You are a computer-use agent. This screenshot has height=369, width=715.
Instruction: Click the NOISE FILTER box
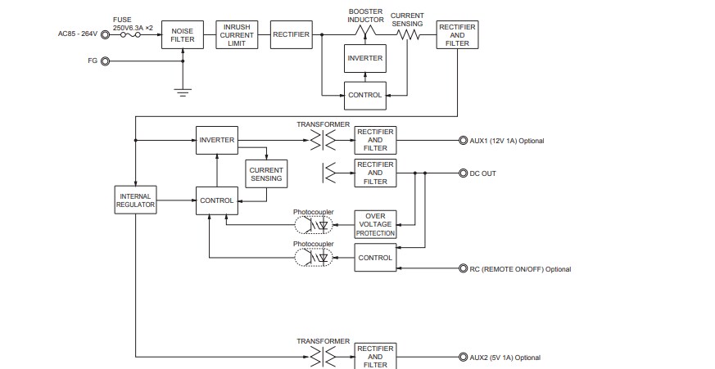click(182, 35)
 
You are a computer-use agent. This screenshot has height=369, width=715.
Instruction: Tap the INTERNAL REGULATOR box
click(134, 200)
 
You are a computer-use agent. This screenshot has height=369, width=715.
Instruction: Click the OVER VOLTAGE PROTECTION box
click(375, 224)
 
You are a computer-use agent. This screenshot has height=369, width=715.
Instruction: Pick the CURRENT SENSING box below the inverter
click(265, 173)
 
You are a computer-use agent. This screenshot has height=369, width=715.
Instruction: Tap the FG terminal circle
click(105, 61)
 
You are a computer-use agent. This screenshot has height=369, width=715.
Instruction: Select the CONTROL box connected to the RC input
click(375, 258)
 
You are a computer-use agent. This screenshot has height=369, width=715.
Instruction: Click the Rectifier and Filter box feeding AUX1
click(375, 140)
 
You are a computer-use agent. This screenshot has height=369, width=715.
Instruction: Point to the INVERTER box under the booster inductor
click(364, 58)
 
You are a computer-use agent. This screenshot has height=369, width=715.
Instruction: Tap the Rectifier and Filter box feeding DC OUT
click(375, 173)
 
